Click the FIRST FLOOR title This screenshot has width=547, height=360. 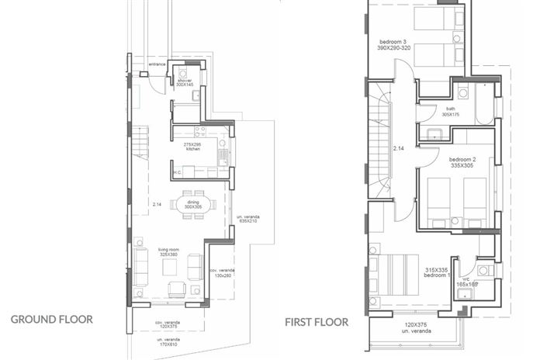316,321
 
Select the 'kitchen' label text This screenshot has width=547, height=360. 192,149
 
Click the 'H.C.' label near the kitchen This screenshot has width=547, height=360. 177,173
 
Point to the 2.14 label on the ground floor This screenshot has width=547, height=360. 157,205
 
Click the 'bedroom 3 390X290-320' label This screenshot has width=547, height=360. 393,44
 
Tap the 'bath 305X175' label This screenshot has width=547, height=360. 451,112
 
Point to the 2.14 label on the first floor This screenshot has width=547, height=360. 399,147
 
